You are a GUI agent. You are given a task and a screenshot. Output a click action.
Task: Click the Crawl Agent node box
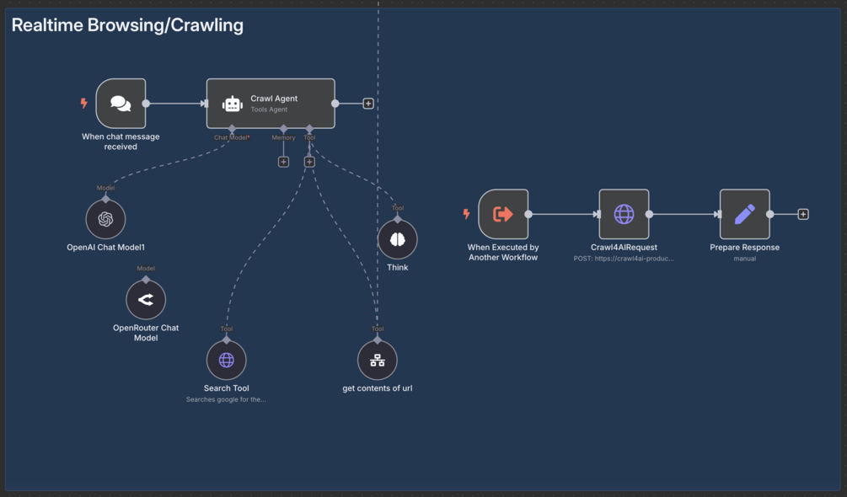pyautogui.click(x=271, y=104)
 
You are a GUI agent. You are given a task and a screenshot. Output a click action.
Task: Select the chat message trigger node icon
pyautogui.click(x=121, y=104)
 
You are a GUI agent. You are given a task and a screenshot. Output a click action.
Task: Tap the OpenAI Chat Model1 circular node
pyautogui.click(x=105, y=220)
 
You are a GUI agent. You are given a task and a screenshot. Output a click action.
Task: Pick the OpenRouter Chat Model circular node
pyautogui.click(x=146, y=300)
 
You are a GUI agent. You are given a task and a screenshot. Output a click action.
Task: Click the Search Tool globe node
pyautogui.click(x=227, y=361)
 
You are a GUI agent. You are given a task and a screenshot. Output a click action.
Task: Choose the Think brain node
pyautogui.click(x=398, y=240)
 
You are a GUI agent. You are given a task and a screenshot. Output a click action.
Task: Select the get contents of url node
pyautogui.click(x=378, y=361)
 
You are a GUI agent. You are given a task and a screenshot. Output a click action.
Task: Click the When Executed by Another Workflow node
pyautogui.click(x=503, y=214)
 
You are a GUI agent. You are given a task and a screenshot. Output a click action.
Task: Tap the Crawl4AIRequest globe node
pyautogui.click(x=624, y=214)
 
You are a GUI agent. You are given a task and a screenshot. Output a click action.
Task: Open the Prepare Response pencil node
pyautogui.click(x=744, y=214)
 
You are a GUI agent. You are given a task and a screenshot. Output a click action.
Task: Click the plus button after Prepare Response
pyautogui.click(x=803, y=214)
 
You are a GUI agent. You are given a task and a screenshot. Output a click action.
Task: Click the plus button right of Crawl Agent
pyautogui.click(x=368, y=104)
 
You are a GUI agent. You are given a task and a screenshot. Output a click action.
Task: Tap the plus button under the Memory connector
pyautogui.click(x=283, y=162)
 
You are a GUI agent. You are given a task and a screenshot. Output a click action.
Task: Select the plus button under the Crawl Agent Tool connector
pyautogui.click(x=309, y=162)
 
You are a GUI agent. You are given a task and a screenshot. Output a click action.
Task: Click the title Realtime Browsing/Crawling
pyautogui.click(x=127, y=25)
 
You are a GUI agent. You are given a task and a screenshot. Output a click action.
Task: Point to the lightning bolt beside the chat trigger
pyautogui.click(x=83, y=104)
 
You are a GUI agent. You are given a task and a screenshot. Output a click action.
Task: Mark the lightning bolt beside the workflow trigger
pyautogui.click(x=466, y=214)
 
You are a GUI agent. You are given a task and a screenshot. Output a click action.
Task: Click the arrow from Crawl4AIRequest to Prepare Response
pyautogui.click(x=684, y=214)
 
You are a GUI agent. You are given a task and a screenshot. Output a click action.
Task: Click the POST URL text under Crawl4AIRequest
pyautogui.click(x=624, y=259)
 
